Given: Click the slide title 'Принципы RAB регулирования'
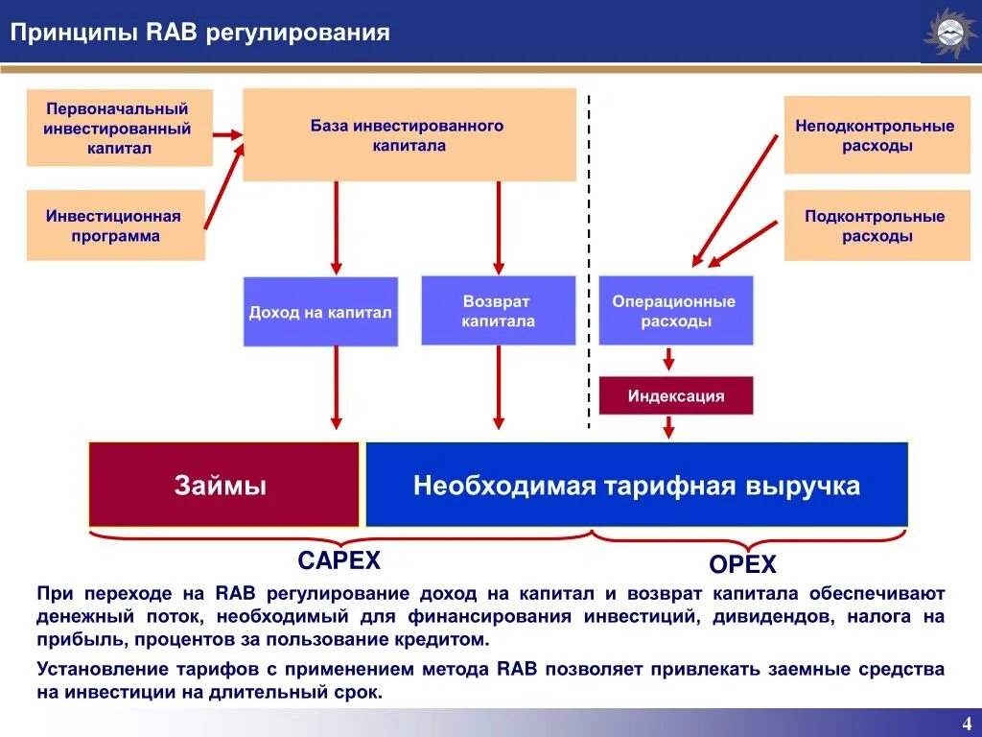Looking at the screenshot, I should click(200, 34).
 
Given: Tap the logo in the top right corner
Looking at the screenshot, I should click(949, 35).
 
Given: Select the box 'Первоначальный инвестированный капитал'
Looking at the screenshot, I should click(119, 129).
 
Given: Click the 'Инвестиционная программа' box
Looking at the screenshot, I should click(115, 226).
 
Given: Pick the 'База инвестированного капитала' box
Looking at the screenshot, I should click(409, 135).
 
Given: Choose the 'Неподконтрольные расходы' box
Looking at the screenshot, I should click(877, 135).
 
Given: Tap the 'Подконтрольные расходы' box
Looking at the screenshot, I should click(877, 226).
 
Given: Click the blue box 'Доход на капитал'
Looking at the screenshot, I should click(320, 312).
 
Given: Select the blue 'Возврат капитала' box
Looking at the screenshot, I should click(498, 311).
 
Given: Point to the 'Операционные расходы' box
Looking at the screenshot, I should click(675, 311).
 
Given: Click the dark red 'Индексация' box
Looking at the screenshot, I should click(675, 395).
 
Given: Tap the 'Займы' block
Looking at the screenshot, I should click(222, 485).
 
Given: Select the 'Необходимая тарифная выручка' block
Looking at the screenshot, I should click(636, 485).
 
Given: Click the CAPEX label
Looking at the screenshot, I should click(339, 560).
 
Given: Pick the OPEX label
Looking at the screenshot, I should click(742, 564).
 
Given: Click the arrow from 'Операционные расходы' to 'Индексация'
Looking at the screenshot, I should click(668, 358).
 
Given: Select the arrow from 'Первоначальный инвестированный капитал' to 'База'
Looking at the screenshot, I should click(227, 135).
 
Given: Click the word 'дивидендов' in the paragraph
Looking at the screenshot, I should click(764, 616).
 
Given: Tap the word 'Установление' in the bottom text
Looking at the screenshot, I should click(91, 669).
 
